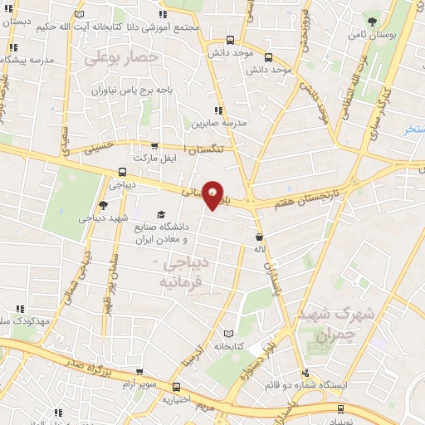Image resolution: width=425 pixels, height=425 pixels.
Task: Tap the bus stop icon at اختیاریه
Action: (x=175, y=387)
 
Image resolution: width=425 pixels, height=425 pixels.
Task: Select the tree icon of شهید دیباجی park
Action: (x=102, y=205)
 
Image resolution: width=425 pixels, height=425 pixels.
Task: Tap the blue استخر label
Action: (x=412, y=129)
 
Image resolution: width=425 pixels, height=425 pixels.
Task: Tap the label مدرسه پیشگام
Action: (x=33, y=61)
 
